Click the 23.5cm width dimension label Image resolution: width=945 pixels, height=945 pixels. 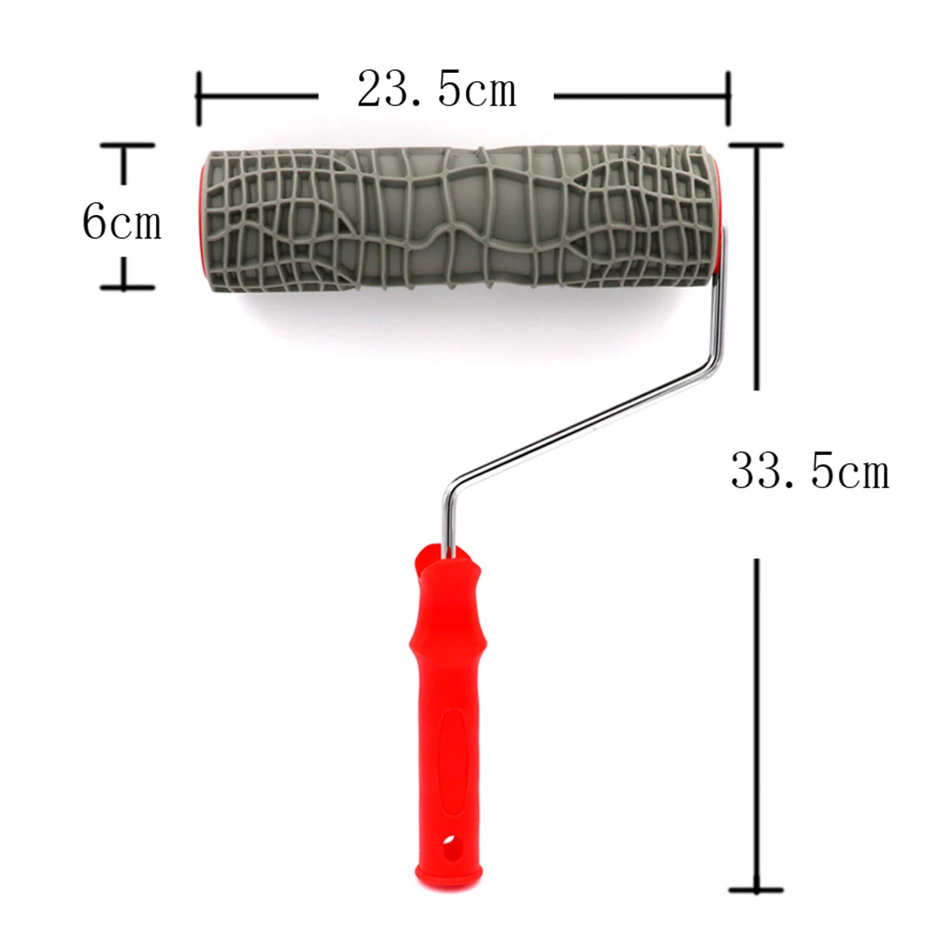pos(437,91)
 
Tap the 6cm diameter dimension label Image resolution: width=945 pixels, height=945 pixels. pos(121,222)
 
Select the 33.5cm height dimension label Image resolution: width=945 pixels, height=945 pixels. pos(809,472)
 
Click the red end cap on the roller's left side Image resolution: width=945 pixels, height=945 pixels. pos(201,217)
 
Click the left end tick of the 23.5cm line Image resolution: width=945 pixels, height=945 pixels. pos(198,96)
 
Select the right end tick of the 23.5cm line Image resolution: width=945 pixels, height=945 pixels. pos(728,96)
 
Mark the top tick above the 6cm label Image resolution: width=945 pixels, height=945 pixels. pos(126,146)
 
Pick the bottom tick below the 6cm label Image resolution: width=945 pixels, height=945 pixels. pos(126,287)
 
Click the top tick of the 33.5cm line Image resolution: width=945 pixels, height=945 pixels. pos(757,146)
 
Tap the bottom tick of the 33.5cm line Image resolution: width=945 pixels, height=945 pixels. pos(757,890)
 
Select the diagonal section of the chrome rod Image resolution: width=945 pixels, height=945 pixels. pos(581,426)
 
